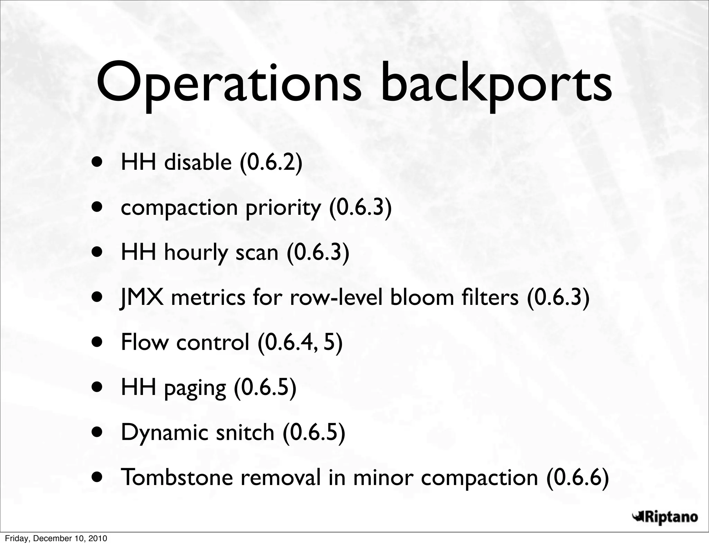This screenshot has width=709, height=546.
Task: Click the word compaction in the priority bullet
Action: tap(179, 208)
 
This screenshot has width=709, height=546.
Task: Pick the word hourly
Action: tap(196, 253)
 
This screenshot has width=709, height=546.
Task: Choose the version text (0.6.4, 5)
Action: tap(300, 342)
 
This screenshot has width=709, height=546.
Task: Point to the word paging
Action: tap(195, 388)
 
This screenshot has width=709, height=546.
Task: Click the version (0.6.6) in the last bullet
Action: tap(577, 477)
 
